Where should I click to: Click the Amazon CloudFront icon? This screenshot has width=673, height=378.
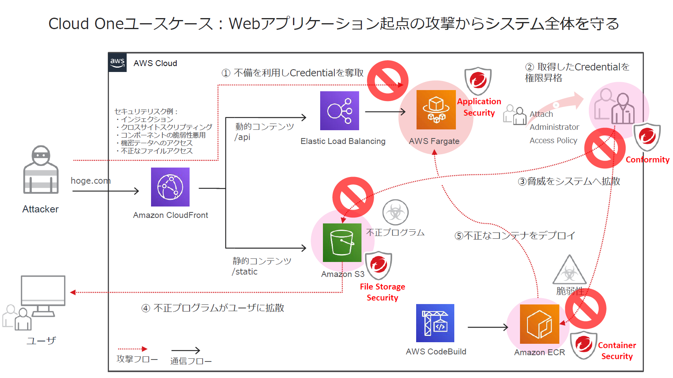click(170, 187)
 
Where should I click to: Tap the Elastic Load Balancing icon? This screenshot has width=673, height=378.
click(339, 111)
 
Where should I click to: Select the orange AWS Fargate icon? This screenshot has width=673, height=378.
click(436, 110)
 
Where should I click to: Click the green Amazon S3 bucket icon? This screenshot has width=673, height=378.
click(342, 243)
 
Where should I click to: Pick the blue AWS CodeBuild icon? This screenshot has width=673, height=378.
click(435, 323)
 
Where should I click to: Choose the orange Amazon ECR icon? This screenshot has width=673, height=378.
click(539, 324)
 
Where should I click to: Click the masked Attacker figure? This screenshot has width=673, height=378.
click(41, 170)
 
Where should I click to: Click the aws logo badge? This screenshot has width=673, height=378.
click(117, 63)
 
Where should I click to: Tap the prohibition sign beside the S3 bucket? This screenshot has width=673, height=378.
click(353, 197)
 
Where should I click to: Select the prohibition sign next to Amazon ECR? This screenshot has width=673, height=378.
click(585, 309)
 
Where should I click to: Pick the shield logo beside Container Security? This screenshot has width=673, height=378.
click(584, 345)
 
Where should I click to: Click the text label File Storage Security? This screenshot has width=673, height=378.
click(382, 292)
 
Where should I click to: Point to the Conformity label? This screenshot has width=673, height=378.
click(647, 160)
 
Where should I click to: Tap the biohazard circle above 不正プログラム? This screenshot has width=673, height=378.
click(395, 212)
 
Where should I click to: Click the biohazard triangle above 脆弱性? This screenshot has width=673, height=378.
click(569, 271)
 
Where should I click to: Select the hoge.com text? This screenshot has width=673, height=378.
click(90, 181)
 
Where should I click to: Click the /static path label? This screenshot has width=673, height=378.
click(245, 272)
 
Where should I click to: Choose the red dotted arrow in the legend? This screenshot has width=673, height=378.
click(133, 349)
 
